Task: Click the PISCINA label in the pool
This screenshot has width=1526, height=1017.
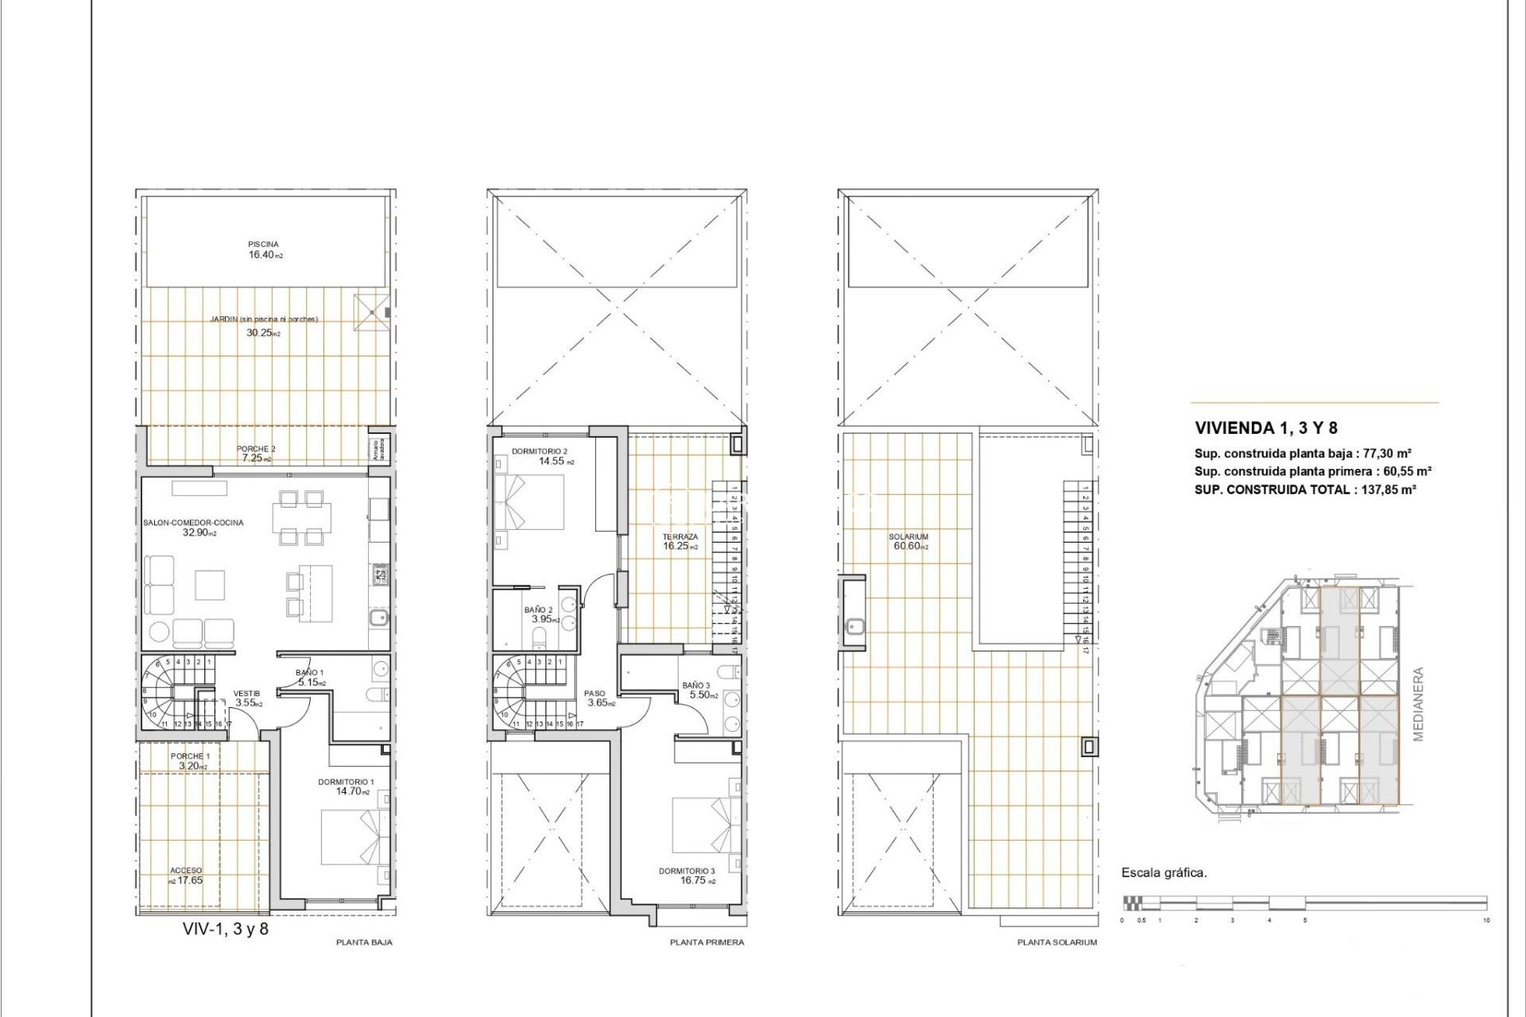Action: pyautogui.click(x=263, y=245)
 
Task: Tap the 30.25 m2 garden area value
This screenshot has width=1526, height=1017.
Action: pyautogui.click(x=262, y=333)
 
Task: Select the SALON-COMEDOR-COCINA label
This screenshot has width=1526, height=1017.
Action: pyautogui.click(x=193, y=523)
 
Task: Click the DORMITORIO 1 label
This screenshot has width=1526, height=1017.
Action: pyautogui.click(x=346, y=782)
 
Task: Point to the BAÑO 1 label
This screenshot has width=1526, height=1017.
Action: pyautogui.click(x=309, y=673)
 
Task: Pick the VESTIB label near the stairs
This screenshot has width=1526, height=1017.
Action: pyautogui.click(x=246, y=694)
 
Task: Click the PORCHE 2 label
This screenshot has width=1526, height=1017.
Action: pyautogui.click(x=256, y=449)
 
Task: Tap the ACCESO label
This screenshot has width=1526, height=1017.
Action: pyautogui.click(x=186, y=871)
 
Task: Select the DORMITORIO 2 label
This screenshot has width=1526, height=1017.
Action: pyautogui.click(x=539, y=451)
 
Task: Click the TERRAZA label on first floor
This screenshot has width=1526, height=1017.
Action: pyautogui.click(x=680, y=537)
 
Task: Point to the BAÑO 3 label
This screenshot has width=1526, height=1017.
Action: pyautogui.click(x=695, y=686)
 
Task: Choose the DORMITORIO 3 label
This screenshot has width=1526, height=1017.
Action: pyautogui.click(x=687, y=871)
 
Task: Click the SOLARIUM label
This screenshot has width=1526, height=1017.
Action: pyautogui.click(x=908, y=537)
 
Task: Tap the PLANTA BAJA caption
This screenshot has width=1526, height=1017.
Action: pyautogui.click(x=364, y=942)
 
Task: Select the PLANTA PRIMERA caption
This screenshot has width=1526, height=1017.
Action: pyautogui.click(x=707, y=942)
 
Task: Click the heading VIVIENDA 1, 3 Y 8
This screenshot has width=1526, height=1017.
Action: pyautogui.click(x=1266, y=428)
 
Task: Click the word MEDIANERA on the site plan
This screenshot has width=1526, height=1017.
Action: pyautogui.click(x=1419, y=704)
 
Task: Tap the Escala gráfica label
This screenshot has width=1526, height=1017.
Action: pyautogui.click(x=1164, y=872)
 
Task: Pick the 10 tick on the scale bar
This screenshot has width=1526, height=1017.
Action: pyautogui.click(x=1486, y=920)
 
